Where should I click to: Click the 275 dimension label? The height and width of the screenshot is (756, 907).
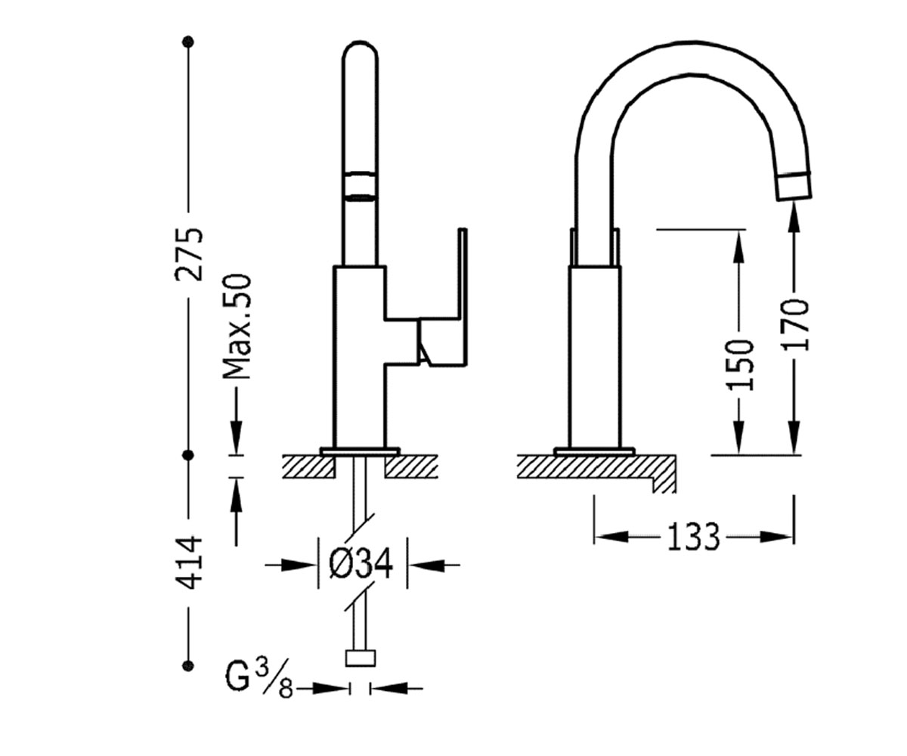(x=189, y=254)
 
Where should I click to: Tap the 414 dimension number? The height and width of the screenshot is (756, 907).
(x=189, y=563)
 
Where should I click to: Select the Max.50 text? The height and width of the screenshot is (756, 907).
(x=237, y=327)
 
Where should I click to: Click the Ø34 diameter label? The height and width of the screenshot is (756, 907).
(x=361, y=565)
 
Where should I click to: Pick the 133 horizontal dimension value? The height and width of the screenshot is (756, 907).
(x=693, y=537)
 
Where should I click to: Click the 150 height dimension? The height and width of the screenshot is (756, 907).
(x=739, y=365)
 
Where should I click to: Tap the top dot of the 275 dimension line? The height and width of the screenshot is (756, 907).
(x=188, y=42)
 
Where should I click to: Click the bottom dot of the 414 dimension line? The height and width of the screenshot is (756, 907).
(x=188, y=665)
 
